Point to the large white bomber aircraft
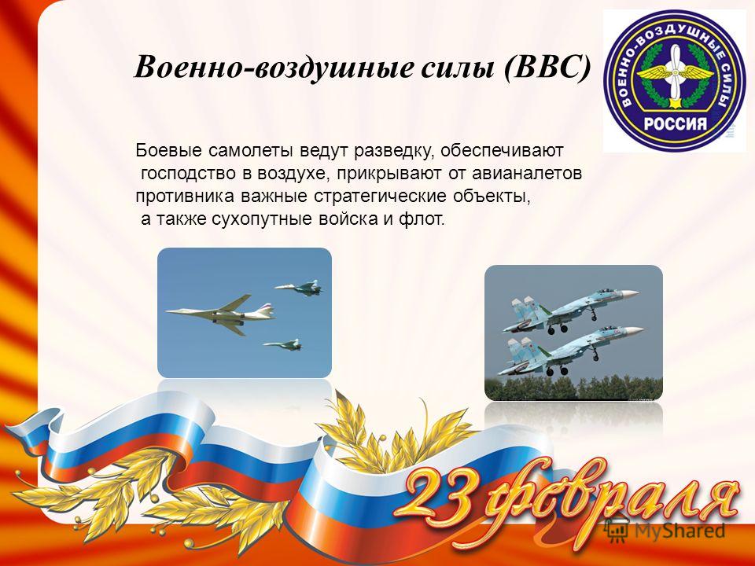[x=220, y=313]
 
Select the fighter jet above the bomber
[x=299, y=288]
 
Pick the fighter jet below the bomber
[x=282, y=344]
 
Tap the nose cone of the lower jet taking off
[x=634, y=331]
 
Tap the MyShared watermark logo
[x=665, y=530]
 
